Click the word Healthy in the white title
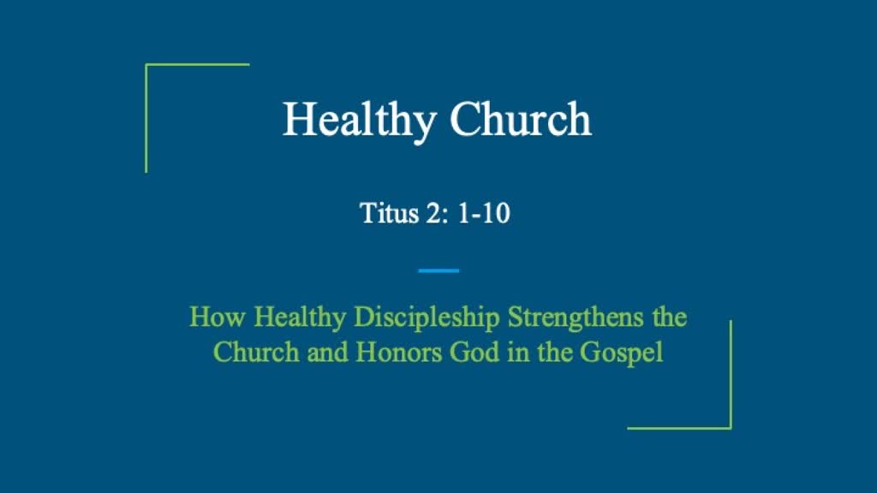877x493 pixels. pos(359,120)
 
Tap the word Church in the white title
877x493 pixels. pos(521,120)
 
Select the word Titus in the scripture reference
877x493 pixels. pos(386,212)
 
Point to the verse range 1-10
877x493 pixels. pos(484,212)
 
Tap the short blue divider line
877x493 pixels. pos(438,270)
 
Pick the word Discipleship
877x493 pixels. pos(427,318)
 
